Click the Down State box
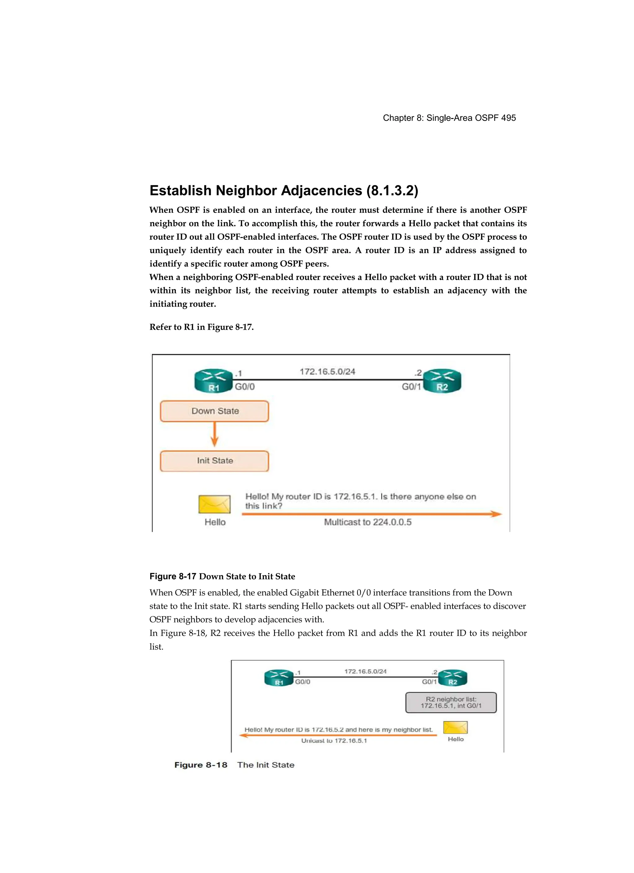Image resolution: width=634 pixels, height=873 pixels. pyautogui.click(x=214, y=411)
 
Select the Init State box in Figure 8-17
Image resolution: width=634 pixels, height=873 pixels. pyautogui.click(x=214, y=461)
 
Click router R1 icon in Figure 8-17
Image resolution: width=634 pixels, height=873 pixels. pyautogui.click(x=214, y=381)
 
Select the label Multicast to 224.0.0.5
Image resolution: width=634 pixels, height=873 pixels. pyautogui.click(x=367, y=522)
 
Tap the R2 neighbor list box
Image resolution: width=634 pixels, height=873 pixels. pyautogui.click(x=451, y=703)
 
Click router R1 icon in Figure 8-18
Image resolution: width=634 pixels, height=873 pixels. pyautogui.click(x=279, y=678)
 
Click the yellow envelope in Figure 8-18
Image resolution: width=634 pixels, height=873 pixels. pyautogui.click(x=455, y=727)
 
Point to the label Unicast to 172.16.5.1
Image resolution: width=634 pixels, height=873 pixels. pyautogui.click(x=334, y=741)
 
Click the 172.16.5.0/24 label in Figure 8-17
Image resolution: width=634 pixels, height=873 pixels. pyautogui.click(x=328, y=371)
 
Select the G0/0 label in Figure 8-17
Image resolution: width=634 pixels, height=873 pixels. pyautogui.click(x=245, y=386)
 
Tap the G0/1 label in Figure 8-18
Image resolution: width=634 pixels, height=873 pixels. pyautogui.click(x=429, y=682)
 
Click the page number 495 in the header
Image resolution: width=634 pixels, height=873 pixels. pyautogui.click(x=508, y=118)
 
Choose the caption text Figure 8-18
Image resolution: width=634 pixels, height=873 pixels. pyautogui.click(x=201, y=765)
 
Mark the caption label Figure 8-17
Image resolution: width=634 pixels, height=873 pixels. pyautogui.click(x=173, y=576)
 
